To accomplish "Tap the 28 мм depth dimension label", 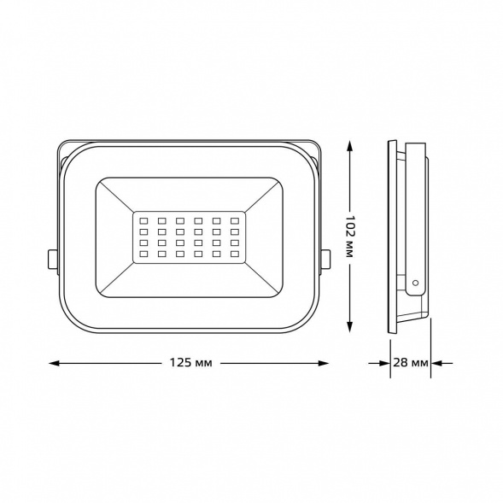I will (x=411, y=364).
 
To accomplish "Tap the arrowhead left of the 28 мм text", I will (x=385, y=364).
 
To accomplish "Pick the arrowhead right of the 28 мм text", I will (x=436, y=364).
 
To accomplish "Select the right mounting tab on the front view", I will (x=325, y=258).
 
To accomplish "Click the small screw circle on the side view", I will (x=416, y=281).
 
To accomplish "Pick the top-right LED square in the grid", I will (x=235, y=219).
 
